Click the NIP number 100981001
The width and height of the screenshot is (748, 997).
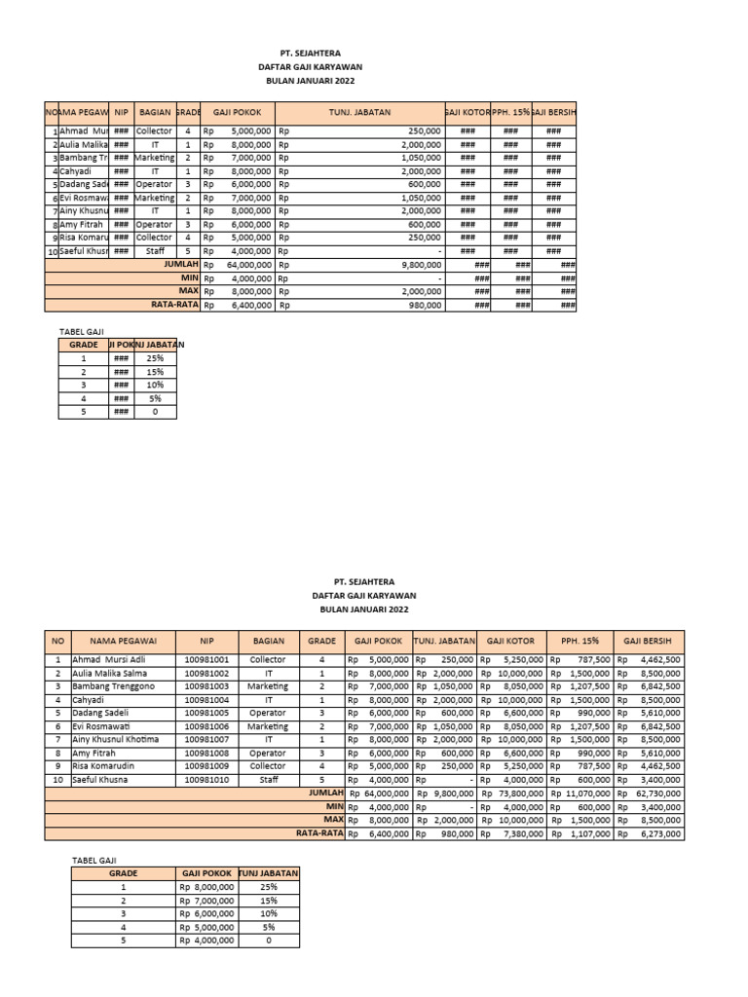[x=206, y=659]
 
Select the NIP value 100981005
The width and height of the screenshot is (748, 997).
[x=206, y=713]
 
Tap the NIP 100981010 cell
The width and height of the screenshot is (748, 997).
[x=206, y=780]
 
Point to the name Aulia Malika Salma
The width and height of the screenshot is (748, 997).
[x=107, y=673]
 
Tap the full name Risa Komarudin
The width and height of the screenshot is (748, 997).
[x=102, y=766]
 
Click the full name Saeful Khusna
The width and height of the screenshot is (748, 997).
[x=100, y=780]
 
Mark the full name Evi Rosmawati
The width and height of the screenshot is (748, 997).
[x=99, y=726]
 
